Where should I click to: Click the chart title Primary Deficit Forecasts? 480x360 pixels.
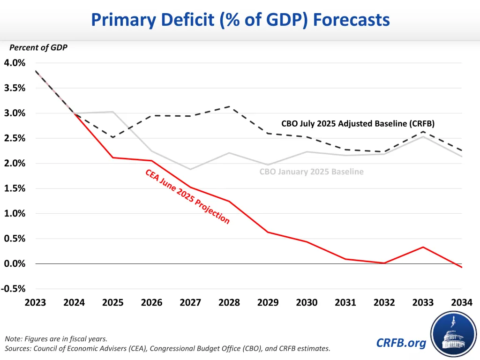pos(240,20)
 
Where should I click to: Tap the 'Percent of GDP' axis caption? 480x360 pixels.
pos(38,47)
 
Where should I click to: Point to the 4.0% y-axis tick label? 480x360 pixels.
pos(15,63)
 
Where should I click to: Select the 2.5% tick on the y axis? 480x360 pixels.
pos(15,138)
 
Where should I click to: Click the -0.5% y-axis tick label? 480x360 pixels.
pos(14,289)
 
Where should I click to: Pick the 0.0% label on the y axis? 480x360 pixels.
pos(15,263)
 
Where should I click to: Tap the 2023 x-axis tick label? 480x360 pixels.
pos(35,302)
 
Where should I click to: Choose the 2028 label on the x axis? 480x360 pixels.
pos(229,302)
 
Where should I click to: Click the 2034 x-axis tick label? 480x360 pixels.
pos(462,302)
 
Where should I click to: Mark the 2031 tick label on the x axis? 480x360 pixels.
pos(345,302)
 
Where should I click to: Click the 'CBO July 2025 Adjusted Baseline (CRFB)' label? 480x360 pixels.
pos(358,124)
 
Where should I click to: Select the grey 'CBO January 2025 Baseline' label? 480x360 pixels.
pos(311,172)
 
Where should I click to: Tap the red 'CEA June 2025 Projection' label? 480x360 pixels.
pos(187,197)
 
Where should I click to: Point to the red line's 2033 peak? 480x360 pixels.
pos(423,247)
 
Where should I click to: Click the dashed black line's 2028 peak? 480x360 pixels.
pos(229,106)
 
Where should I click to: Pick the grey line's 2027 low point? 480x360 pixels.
pos(190,169)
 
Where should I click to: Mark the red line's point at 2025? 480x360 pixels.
pos(112,157)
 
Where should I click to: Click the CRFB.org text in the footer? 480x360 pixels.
pos(401,343)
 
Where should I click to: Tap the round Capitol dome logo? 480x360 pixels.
pos(453,334)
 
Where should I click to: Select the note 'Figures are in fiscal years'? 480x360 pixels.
pos(55,338)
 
